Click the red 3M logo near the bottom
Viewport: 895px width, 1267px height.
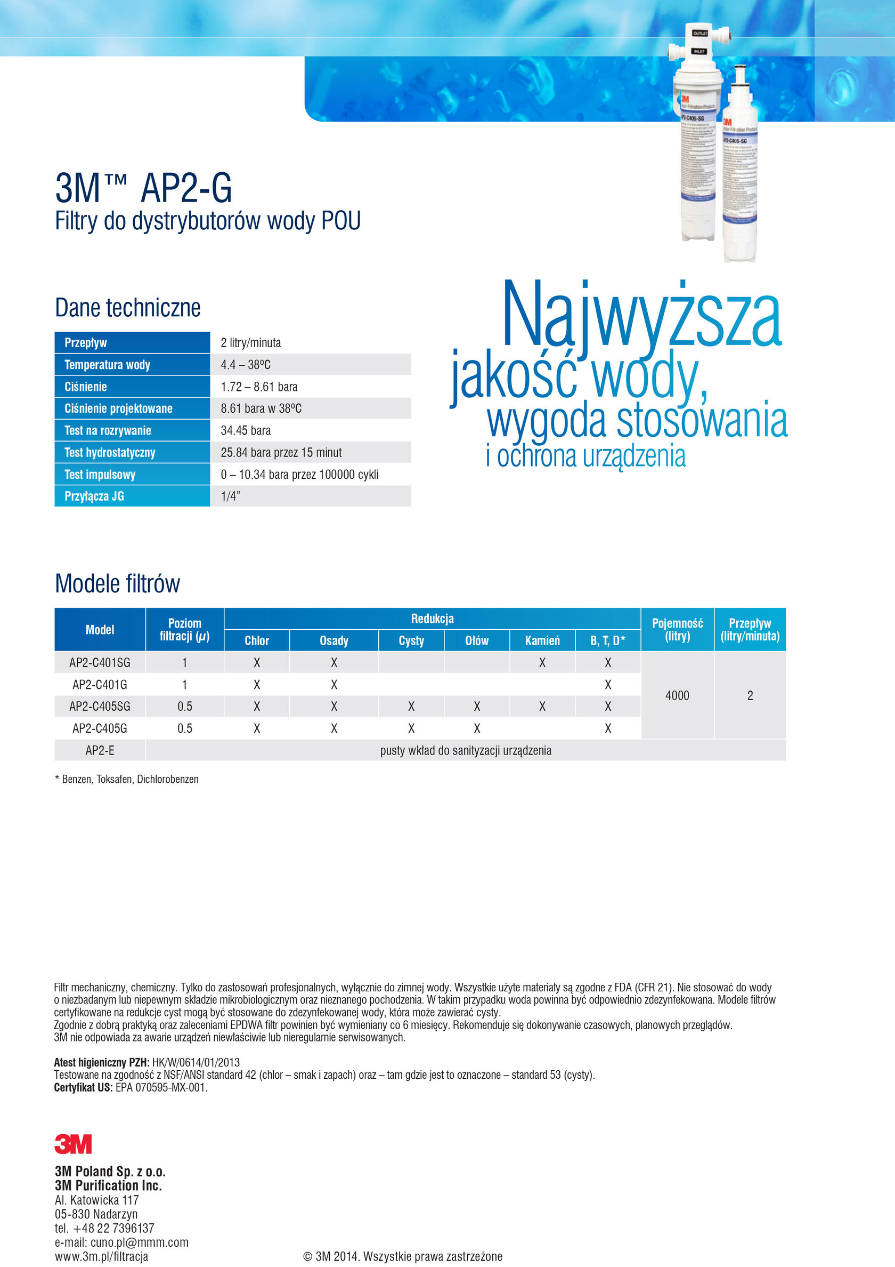73,1144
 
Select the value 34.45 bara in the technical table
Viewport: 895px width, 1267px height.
246,430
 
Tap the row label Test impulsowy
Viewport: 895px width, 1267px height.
100,475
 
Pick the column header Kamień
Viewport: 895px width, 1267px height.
542,640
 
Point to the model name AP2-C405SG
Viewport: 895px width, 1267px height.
100,707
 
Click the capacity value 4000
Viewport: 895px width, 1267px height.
677,695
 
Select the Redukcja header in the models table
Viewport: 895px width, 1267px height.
433,619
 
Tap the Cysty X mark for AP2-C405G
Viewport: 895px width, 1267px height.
411,728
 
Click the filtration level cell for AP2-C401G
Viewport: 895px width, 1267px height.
185,685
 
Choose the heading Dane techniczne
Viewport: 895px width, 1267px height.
128,308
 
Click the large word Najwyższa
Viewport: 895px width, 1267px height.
641,316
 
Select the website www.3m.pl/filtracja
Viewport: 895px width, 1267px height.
101,1256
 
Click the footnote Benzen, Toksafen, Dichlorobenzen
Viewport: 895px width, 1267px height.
130,779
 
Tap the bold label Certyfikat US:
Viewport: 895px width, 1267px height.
83,1087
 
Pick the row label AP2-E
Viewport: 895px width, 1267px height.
100,750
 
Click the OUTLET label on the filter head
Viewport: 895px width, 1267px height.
700,34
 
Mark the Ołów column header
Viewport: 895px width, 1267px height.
477,640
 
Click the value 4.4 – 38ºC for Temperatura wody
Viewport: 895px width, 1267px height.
246,365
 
